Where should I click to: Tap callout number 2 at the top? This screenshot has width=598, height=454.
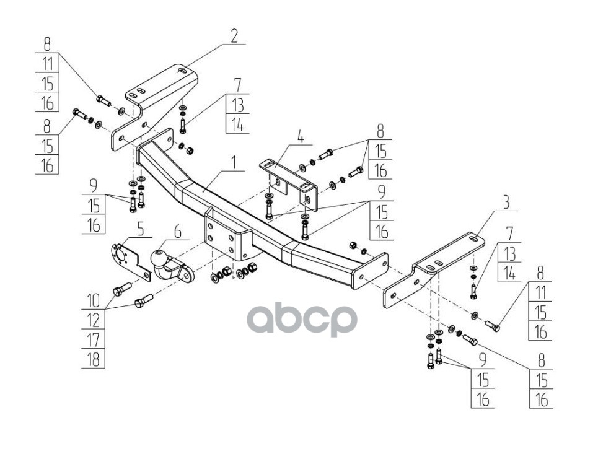(234, 35)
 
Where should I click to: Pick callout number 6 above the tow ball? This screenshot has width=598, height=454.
(178, 232)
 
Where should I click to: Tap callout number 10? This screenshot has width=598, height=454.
(93, 300)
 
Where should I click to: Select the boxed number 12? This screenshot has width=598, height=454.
(93, 320)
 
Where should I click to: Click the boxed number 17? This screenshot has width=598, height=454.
(93, 339)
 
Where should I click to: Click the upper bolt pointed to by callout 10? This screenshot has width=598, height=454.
(121, 289)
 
